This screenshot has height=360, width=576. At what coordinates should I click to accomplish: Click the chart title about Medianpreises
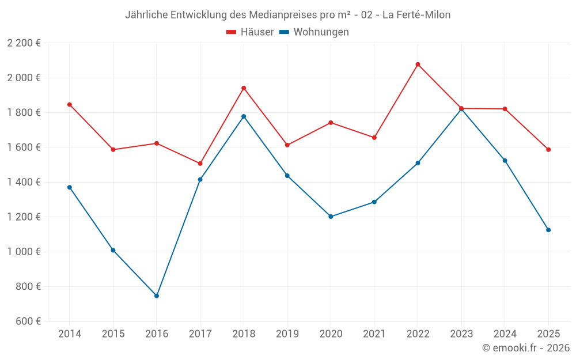pos(287,15)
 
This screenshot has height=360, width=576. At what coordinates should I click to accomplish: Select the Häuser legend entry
pos(250,32)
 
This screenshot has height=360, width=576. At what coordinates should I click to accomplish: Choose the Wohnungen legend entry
pos(314,32)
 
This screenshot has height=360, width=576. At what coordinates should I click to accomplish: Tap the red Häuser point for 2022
pos(418,65)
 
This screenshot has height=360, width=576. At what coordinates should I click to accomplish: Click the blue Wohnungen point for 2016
pos(157,296)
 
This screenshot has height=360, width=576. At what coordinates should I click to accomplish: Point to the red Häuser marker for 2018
pos(244,88)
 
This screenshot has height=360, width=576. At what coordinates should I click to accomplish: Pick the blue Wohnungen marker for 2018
pos(244,116)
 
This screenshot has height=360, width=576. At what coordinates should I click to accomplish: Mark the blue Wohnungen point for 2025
pos(548,230)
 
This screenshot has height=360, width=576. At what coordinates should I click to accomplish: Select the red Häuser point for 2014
pos(70,105)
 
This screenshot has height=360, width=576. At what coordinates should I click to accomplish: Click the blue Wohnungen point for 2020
pos(331,217)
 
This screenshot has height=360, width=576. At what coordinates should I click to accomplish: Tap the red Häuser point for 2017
pos(200,164)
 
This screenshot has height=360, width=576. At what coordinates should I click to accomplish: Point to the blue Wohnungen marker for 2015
pos(113,250)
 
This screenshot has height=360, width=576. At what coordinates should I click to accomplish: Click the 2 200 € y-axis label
pos(24,43)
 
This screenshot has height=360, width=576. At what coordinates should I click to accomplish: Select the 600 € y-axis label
pos(28,321)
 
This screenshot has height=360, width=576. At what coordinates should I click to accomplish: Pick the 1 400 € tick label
pos(24,182)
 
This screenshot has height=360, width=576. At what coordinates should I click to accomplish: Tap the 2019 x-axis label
pos(287,334)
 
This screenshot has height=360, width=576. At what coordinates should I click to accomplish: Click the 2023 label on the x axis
pos(461,334)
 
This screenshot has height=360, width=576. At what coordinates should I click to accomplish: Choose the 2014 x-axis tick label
pos(70,334)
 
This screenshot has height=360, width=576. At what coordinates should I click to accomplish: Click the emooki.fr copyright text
pos(525,348)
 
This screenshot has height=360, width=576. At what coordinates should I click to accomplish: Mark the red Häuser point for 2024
pos(505,109)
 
